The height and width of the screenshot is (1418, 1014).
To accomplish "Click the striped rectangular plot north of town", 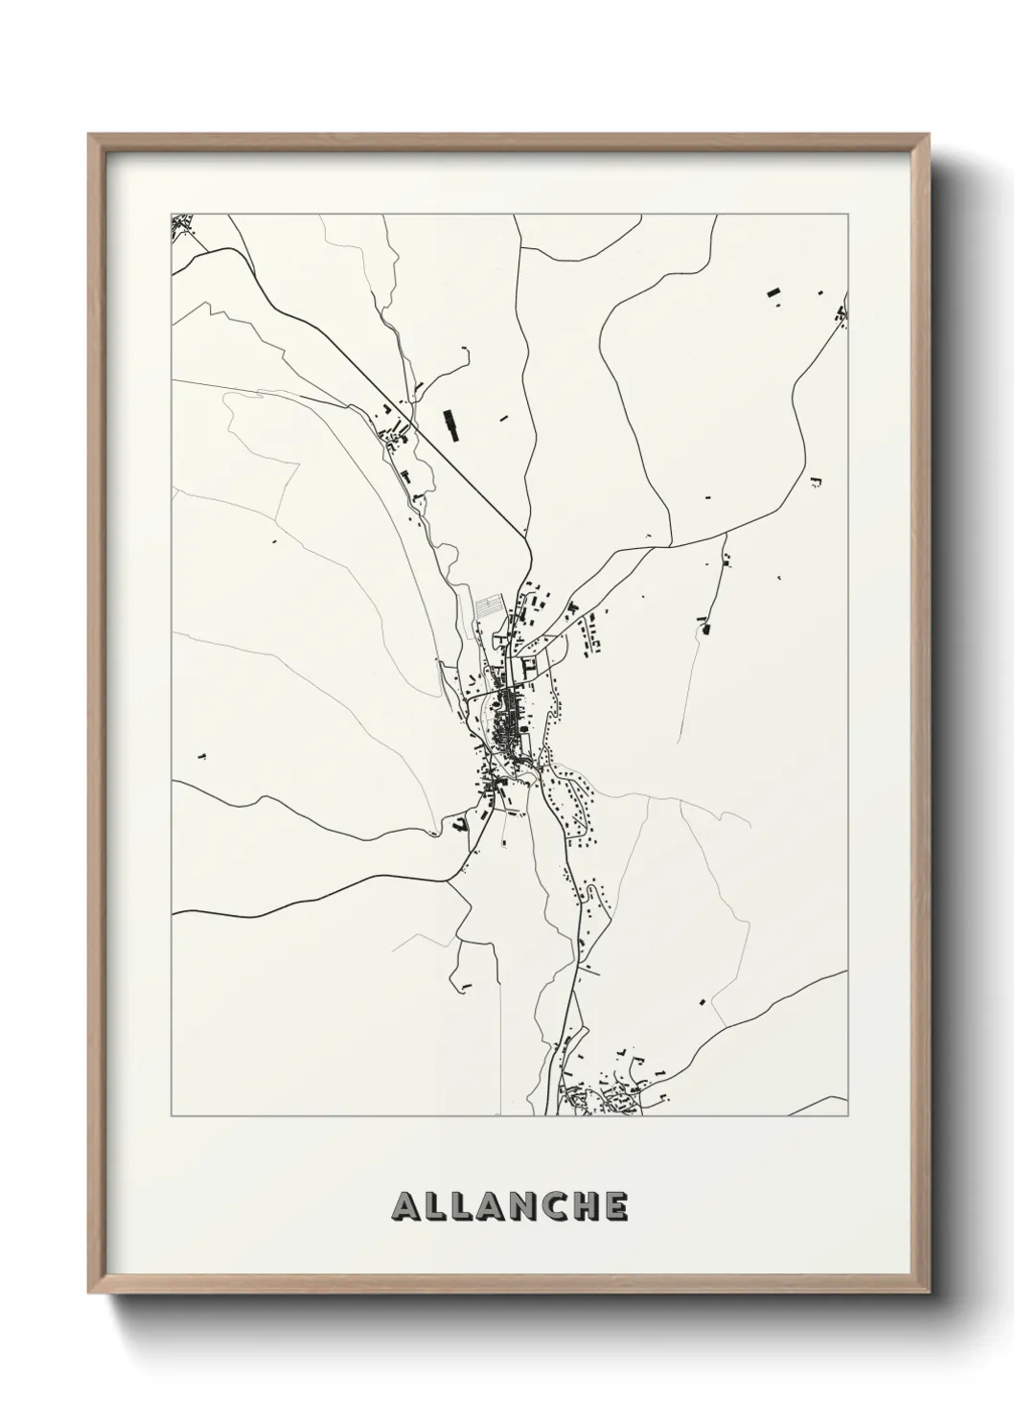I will pos(488,606).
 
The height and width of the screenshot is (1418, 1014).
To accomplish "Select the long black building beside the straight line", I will pos(450,424).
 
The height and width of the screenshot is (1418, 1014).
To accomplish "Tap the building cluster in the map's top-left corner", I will pos(182,227).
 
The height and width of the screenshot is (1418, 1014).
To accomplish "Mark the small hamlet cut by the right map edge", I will pos(842,312).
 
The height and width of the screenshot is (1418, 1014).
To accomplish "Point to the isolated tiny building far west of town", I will pos(201,756).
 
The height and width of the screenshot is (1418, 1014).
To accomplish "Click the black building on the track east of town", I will pos(707,629).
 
